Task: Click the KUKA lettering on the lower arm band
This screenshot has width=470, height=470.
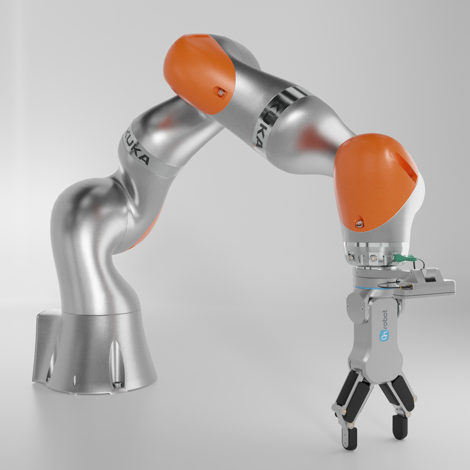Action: click(x=136, y=148)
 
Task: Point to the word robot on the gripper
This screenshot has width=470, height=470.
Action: click(x=384, y=321)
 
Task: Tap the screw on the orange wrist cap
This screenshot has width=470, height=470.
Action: click(x=359, y=224)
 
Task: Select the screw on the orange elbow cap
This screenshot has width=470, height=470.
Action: click(x=221, y=92)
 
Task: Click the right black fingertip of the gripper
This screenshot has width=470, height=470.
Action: click(x=400, y=427)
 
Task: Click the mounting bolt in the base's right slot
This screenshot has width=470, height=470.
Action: click(x=117, y=383)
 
